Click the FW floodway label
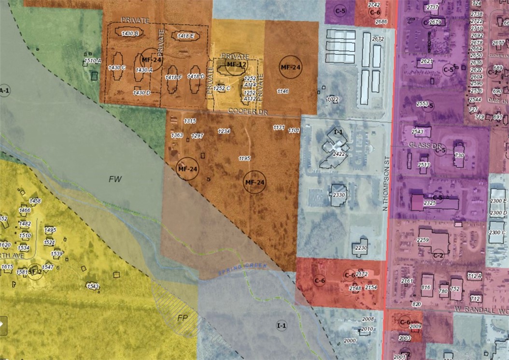click(114, 179)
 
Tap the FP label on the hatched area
click(182, 318)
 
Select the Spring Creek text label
click(236, 272)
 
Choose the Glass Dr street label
click(419, 145)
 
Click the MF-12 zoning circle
click(237, 64)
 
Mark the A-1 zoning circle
click(4, 90)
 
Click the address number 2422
click(339, 154)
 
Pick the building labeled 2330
click(339, 195)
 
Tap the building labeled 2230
click(361, 247)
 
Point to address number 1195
click(244, 158)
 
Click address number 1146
click(283, 91)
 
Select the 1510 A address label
click(92, 61)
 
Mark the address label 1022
click(332, 99)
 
